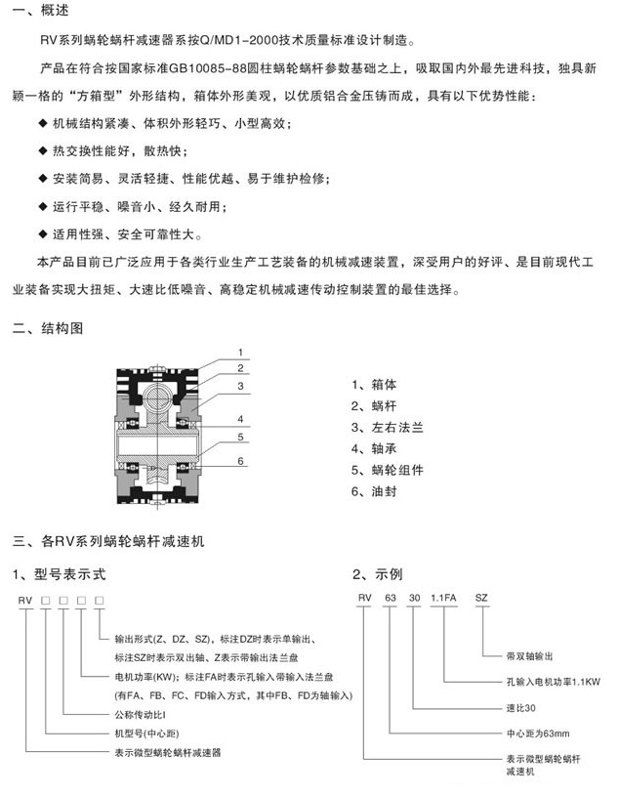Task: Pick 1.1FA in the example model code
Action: [444, 598]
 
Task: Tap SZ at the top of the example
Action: [481, 598]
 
